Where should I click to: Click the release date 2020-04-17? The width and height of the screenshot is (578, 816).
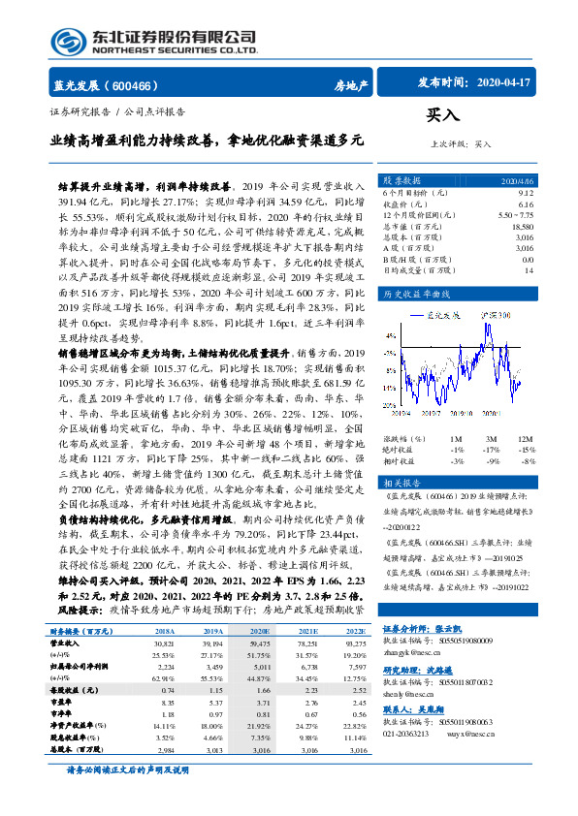[500, 83]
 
